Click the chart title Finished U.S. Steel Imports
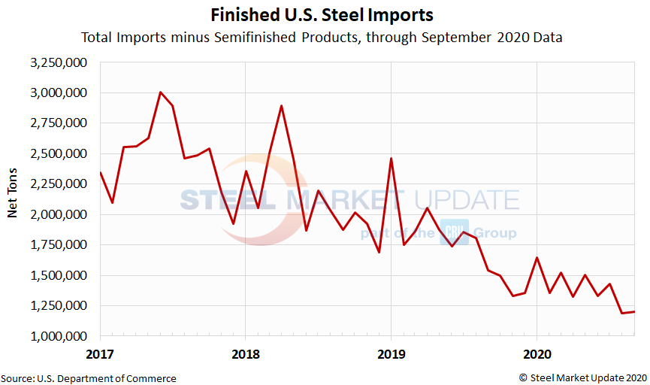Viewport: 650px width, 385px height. click(x=321, y=15)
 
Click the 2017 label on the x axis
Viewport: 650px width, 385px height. click(x=99, y=353)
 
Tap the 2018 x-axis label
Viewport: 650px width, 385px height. click(x=245, y=353)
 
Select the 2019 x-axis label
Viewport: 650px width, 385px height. click(x=391, y=353)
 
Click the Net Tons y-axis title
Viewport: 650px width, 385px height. click(x=13, y=199)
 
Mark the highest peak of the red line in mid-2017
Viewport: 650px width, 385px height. click(x=161, y=92)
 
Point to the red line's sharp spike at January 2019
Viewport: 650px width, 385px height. click(x=391, y=159)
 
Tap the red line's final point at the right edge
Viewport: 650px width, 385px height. click(x=634, y=311)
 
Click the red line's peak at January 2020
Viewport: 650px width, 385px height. click(x=537, y=258)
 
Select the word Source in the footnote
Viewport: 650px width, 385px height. click(x=17, y=378)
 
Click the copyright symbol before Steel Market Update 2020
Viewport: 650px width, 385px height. click(x=522, y=378)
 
